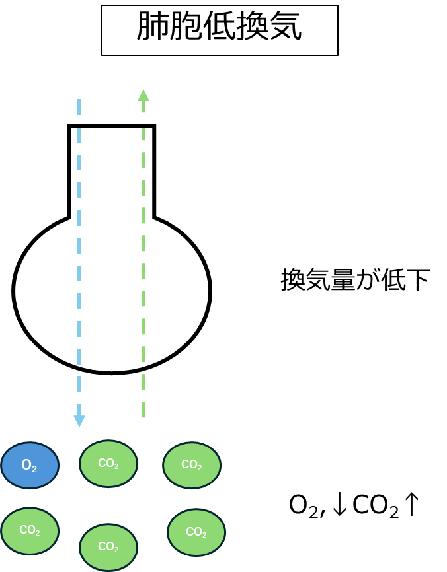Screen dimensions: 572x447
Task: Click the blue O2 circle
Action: click(30, 466)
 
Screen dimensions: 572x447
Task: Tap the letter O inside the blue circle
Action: click(26, 466)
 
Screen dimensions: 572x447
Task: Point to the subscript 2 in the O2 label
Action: click(34, 469)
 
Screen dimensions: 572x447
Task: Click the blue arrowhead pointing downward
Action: click(79, 421)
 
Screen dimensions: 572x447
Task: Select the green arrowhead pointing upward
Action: click(143, 95)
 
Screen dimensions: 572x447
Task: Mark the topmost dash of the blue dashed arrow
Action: click(79, 106)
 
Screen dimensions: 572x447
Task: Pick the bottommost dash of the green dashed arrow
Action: click(143, 410)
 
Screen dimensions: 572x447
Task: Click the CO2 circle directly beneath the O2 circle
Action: click(30, 531)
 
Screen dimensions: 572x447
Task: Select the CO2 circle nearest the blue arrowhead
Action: click(108, 464)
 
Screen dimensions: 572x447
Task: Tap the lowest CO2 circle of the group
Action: click(108, 547)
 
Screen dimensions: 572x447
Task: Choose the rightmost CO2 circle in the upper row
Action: click(192, 466)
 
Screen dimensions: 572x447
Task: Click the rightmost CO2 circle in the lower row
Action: click(196, 532)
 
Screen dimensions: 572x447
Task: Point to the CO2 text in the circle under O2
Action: click(30, 530)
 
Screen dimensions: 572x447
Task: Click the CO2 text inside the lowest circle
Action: click(108, 547)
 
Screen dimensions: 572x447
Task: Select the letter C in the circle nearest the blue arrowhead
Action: click(102, 463)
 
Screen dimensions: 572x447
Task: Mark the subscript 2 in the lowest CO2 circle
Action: click(116, 550)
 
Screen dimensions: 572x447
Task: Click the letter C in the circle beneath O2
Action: click(23, 530)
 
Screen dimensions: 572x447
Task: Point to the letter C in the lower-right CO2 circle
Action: click(190, 532)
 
